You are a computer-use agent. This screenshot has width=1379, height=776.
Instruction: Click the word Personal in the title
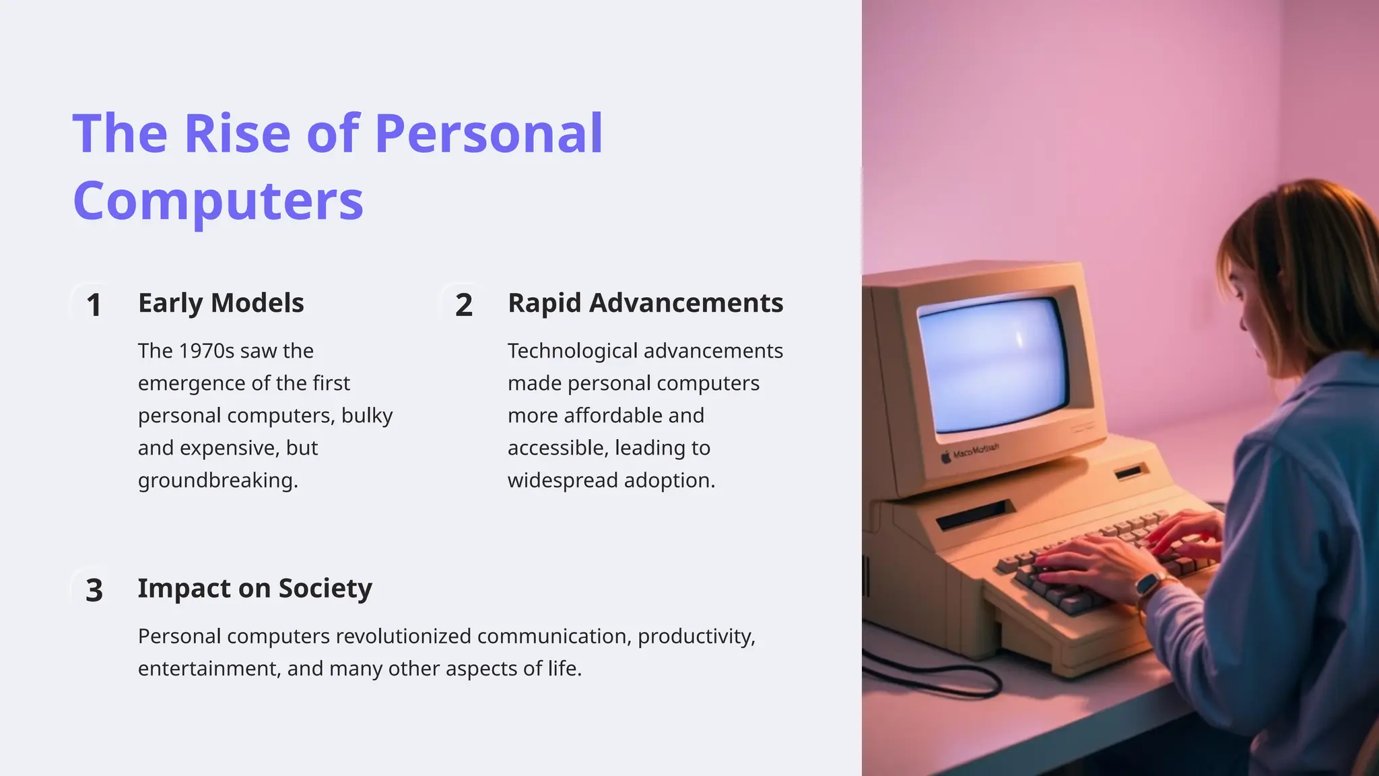[488, 133]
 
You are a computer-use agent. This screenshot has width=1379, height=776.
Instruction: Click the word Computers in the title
[217, 201]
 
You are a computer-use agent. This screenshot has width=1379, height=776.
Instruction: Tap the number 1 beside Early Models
[94, 305]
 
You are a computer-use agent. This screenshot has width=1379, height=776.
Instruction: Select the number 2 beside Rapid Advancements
[463, 305]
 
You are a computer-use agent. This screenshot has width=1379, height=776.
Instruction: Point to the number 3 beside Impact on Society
[94, 590]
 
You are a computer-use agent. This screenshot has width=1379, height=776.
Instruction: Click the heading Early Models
[221, 303]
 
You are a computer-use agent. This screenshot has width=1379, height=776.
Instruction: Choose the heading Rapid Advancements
[645, 303]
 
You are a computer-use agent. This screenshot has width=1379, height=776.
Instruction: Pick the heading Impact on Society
[255, 588]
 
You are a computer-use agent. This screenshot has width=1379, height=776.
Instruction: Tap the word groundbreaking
[217, 480]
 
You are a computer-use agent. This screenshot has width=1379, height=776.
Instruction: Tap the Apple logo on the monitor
[946, 457]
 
